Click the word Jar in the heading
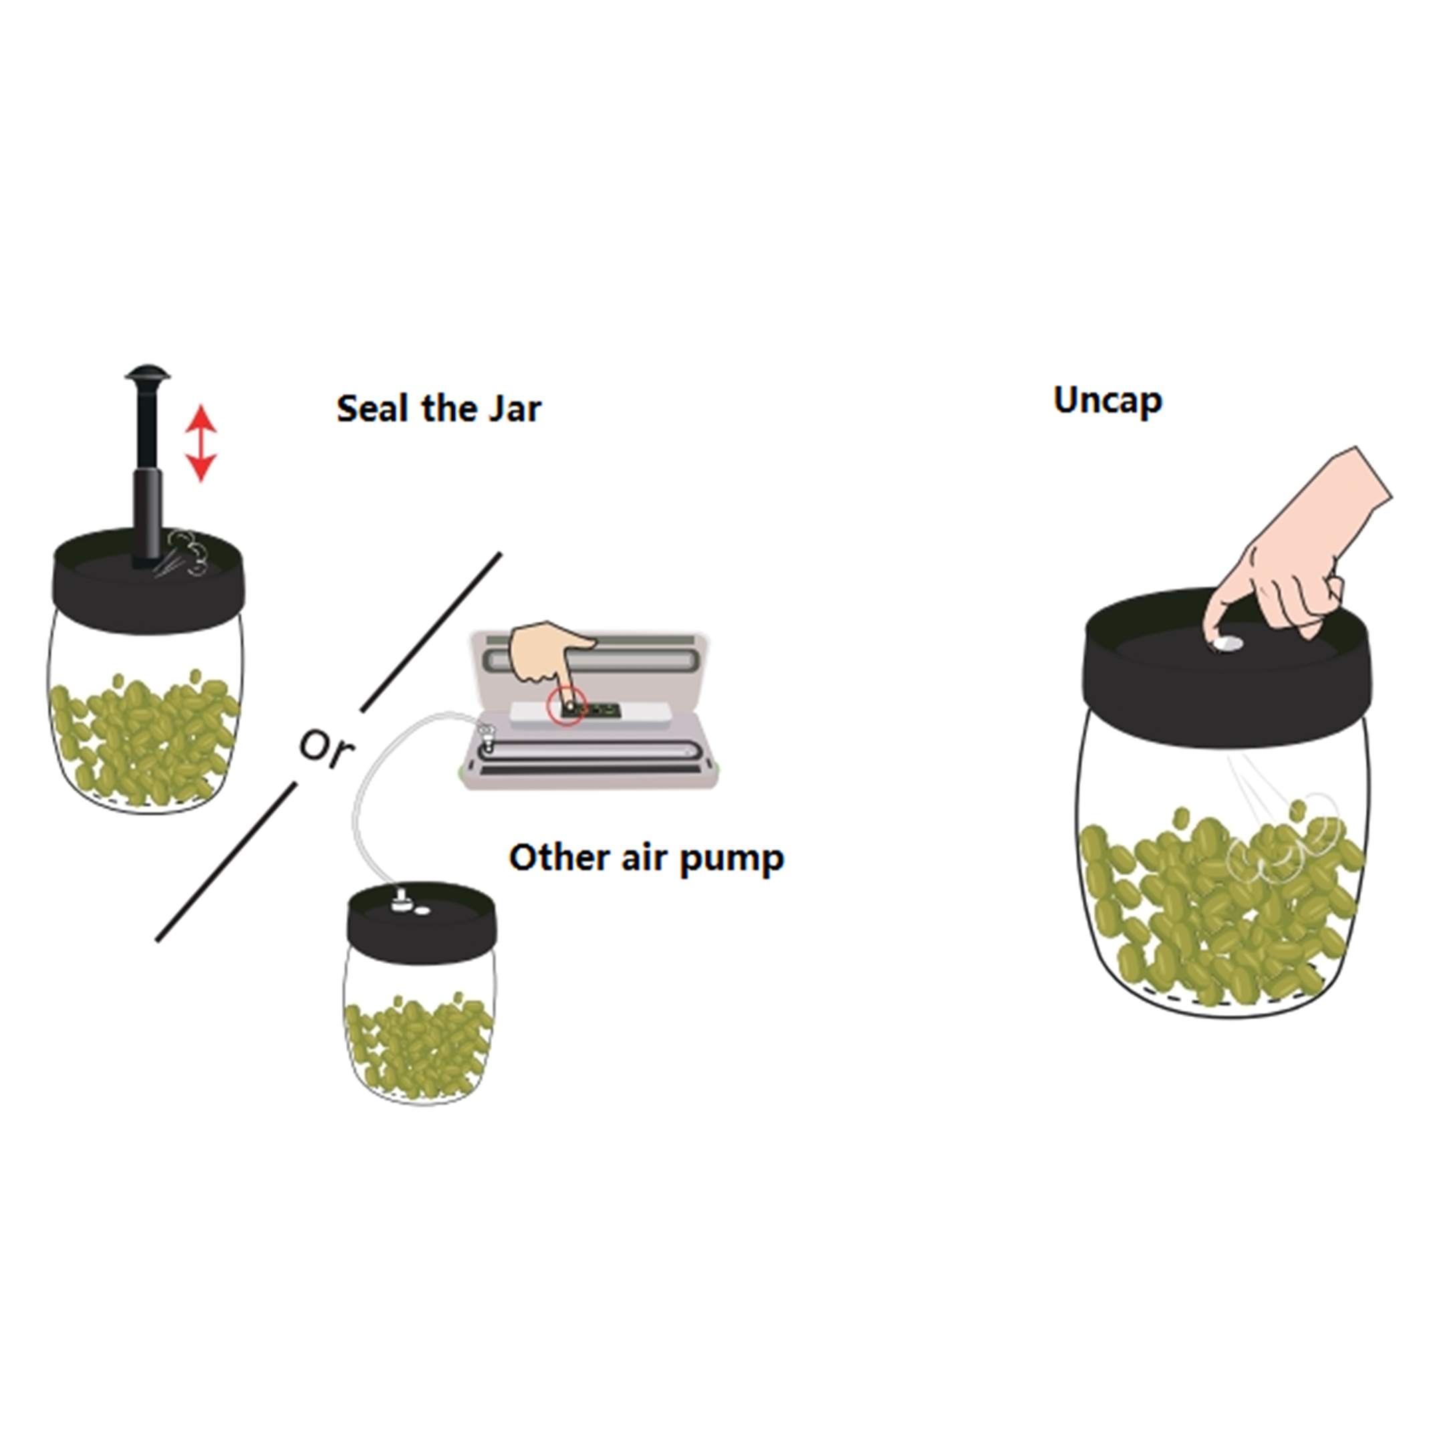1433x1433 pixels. click(514, 408)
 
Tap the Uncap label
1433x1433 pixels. click(1108, 400)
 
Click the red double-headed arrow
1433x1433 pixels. click(201, 443)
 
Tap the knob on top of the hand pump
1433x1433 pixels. click(148, 373)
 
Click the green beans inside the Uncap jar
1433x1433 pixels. click(1221, 908)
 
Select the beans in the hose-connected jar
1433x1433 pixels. click(418, 1045)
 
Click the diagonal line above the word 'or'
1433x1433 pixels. click(431, 632)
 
